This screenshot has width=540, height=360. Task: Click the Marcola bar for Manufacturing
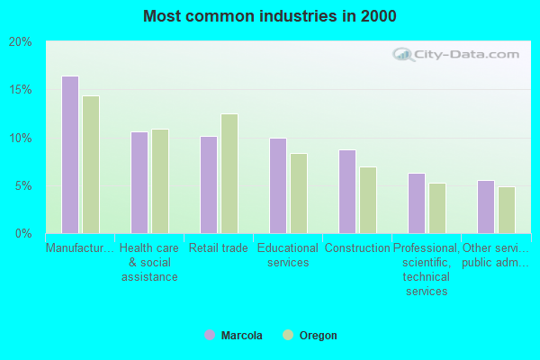(70, 155)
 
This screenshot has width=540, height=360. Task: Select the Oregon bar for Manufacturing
(91, 165)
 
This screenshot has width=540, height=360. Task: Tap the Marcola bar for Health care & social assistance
(139, 183)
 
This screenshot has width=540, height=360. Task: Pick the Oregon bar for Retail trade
(229, 174)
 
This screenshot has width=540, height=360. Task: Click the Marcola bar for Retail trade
(209, 184)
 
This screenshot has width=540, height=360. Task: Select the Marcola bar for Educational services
(278, 185)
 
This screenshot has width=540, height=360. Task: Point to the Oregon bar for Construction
(368, 200)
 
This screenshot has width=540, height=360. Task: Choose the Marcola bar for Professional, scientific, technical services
(417, 203)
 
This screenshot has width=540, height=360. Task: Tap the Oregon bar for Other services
(507, 210)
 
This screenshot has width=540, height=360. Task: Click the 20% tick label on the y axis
(21, 42)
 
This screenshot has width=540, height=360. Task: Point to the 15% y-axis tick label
(21, 90)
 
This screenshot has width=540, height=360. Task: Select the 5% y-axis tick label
(23, 186)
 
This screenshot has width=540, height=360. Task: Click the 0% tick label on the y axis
(23, 234)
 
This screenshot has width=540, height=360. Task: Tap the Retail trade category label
(218, 248)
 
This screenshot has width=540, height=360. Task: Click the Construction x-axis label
(356, 248)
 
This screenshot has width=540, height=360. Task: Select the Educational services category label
(287, 256)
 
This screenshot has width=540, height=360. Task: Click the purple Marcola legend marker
(210, 336)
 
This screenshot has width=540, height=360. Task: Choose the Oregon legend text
(319, 336)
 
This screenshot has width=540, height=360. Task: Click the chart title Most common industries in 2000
(269, 16)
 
